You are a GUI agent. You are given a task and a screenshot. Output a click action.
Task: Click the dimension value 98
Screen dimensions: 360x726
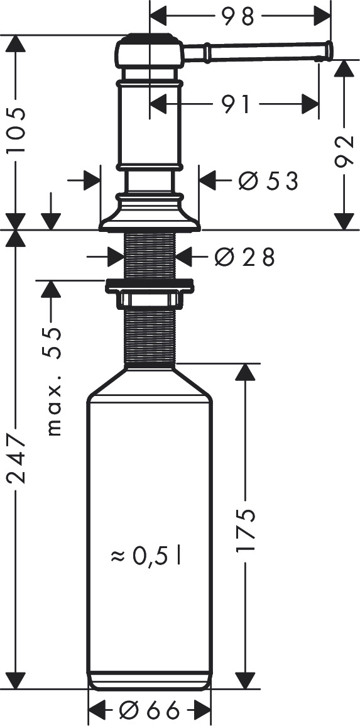238,17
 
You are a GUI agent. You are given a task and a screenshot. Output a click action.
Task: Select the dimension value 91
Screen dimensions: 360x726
236,104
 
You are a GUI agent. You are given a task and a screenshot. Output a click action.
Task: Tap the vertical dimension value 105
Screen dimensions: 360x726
16,131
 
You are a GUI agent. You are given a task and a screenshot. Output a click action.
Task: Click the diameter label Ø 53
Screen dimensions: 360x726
268,180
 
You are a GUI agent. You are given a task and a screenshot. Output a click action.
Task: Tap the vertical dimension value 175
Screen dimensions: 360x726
245,530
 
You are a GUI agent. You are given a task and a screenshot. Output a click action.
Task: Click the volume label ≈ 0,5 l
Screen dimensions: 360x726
145,556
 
